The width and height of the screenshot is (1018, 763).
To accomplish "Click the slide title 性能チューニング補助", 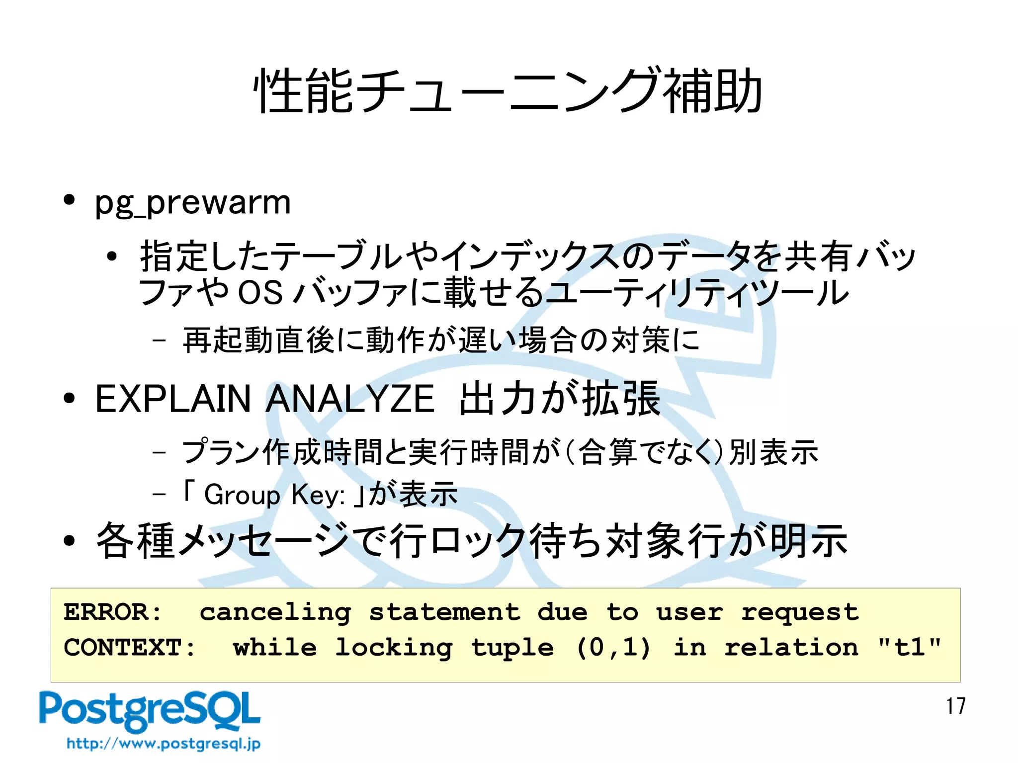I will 508,91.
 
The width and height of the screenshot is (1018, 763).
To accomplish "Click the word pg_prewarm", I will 193,203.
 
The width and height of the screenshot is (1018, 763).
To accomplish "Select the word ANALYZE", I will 350,399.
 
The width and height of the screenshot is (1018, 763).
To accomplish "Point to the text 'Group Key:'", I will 274,495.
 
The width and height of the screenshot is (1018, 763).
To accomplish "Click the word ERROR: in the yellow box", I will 113,612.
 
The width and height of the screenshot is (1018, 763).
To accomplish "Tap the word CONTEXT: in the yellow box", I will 130,647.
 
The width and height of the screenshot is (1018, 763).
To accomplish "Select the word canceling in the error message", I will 275,612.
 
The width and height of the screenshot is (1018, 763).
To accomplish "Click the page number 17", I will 955,706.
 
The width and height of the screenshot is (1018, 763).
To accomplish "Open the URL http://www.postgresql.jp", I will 164,744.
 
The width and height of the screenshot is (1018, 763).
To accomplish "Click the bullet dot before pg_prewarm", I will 69,200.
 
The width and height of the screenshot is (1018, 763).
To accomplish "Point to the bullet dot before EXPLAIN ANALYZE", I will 69,399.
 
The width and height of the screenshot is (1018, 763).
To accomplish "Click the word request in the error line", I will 800,612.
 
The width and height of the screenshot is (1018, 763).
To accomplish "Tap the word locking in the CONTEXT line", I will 394,647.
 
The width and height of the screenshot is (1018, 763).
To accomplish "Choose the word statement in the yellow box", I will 444,612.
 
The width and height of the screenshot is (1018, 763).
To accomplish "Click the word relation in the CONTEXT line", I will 791,647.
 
